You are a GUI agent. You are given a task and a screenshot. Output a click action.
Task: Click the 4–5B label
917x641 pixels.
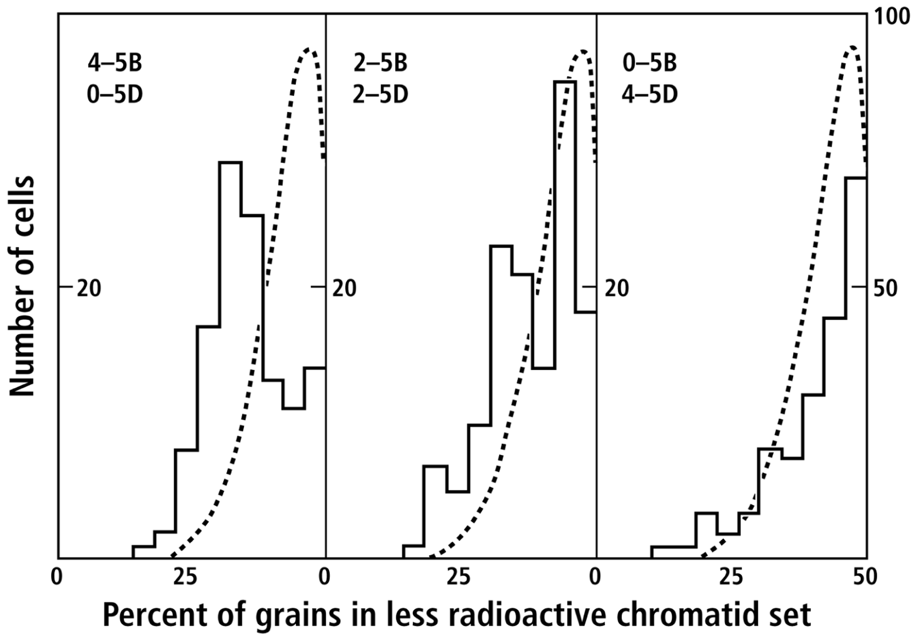114,64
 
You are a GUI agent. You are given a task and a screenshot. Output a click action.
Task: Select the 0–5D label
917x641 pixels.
114,95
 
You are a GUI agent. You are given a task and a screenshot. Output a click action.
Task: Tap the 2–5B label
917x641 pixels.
380,64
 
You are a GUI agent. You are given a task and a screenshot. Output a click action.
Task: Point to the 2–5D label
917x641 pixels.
380,95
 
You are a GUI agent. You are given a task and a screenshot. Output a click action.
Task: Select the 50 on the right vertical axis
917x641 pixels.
885,288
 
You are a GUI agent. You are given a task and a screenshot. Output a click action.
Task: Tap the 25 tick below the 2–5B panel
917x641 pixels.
458,577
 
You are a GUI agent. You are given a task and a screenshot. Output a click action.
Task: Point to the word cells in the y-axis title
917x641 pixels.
22,208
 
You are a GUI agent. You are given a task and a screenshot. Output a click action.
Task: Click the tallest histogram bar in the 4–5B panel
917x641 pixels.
230,360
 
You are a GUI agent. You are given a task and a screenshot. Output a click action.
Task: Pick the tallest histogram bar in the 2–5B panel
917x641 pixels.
565,320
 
